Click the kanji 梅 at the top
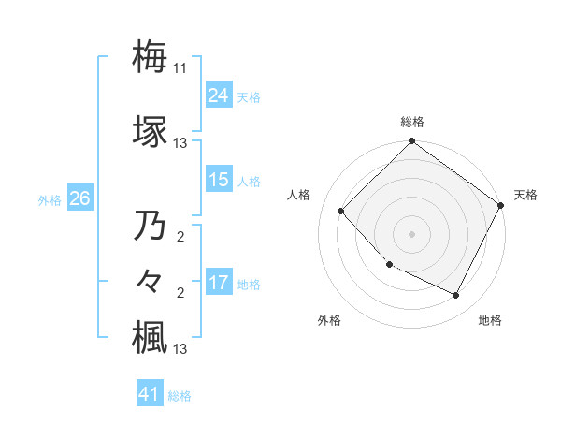(150, 56)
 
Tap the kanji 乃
(150, 226)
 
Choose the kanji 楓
(150, 337)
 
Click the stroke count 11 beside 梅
(180, 68)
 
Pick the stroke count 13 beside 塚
(180, 143)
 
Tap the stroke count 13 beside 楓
(180, 349)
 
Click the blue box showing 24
(219, 95)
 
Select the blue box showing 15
(219, 180)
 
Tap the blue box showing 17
(219, 283)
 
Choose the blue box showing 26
(79, 198)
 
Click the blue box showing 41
(150, 394)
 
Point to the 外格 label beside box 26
(50, 199)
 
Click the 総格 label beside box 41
(180, 395)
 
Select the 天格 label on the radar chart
(525, 195)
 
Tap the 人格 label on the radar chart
(299, 195)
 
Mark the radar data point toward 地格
(456, 296)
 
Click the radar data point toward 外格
(389, 265)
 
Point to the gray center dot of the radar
(411, 234)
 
